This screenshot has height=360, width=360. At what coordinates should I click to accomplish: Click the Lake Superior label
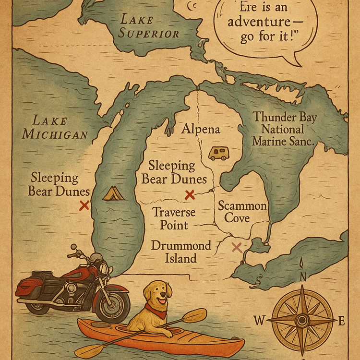(149, 26)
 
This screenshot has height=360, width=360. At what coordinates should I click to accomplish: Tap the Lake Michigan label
(55, 127)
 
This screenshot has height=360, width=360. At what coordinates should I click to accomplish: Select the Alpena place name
(201, 130)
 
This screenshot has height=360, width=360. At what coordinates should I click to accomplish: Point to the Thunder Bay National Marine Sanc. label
(285, 129)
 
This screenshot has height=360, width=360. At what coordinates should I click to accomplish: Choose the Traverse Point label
(174, 218)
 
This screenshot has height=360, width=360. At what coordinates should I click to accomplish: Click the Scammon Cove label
(242, 212)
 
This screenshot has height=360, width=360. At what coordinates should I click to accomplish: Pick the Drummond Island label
(181, 252)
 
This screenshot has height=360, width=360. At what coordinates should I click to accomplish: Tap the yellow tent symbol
(114, 193)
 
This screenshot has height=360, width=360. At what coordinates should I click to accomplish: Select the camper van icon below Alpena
(218, 153)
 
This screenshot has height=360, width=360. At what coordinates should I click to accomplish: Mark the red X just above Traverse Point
(190, 194)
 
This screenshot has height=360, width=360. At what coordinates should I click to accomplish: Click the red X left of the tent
(84, 206)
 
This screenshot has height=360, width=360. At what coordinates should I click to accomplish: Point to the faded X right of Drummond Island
(237, 247)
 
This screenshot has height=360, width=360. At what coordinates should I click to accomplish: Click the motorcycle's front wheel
(113, 304)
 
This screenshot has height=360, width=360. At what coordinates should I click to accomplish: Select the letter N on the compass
(303, 276)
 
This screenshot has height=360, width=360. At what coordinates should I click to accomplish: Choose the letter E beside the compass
(342, 322)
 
